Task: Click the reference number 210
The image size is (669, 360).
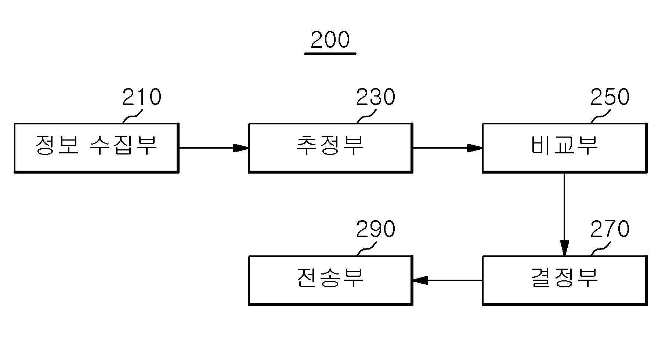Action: pos(142,97)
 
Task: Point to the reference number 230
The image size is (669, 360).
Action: pos(376,97)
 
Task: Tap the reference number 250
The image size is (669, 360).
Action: pos(610,97)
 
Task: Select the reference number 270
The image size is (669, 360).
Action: pos(610,229)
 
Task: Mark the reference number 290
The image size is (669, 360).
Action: pos(376,229)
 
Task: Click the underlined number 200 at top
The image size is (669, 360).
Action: pos(330,40)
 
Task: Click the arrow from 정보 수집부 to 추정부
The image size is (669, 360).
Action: pos(214,148)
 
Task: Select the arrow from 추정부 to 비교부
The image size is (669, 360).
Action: pos(448,148)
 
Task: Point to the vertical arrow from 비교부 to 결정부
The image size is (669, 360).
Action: pos(564,214)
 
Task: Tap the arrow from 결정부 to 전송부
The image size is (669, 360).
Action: pos(448,280)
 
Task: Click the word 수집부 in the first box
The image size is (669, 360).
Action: pos(123,145)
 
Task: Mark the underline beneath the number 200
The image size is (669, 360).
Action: pos(330,54)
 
